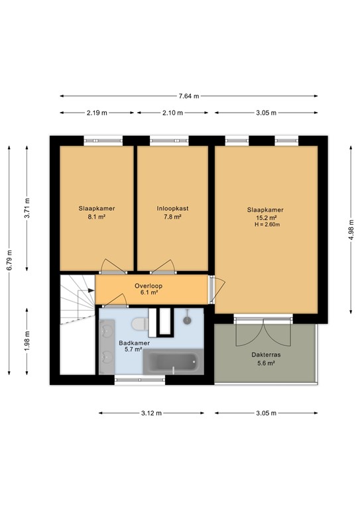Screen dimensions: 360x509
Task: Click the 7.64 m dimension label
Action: pos(188,96)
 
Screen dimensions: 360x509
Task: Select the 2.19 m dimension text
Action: pos(97,113)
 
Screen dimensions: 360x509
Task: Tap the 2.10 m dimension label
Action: pos(172,113)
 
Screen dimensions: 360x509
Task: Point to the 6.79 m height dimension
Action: pos(10,260)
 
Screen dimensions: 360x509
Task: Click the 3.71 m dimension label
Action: pos(27,207)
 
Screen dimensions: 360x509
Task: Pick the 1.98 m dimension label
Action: pos(27,341)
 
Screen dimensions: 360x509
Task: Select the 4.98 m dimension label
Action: pos(351,230)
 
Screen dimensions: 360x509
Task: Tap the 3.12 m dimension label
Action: pos(151,414)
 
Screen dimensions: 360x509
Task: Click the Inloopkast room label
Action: pos(172,208)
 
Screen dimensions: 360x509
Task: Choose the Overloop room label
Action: pos(149,286)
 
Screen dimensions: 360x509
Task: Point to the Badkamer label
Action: pos(134,343)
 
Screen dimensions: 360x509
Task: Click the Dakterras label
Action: pos(266,355)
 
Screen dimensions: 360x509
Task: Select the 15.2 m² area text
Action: pos(267,218)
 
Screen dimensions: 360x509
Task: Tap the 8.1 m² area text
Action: pos(97,217)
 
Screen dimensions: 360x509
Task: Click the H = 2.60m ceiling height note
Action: pos(267,225)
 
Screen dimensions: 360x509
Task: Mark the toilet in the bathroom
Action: pos(140,324)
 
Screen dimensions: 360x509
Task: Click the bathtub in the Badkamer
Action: pos(173,362)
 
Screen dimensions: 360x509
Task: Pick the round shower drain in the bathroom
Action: pos(188,320)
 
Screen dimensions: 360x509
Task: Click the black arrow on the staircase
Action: pos(91,290)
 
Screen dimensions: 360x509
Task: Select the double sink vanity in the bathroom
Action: pos(107,347)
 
